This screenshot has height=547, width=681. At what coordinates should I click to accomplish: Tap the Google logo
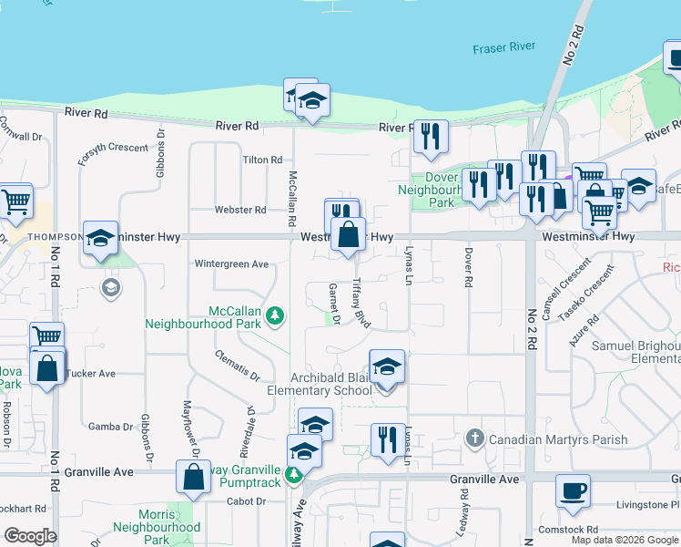tap(30, 536)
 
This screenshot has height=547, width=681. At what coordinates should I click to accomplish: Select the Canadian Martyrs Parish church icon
tap(473, 439)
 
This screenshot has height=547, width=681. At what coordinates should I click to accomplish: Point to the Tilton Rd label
tap(262, 160)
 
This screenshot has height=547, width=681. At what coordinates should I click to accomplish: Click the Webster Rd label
tap(239, 210)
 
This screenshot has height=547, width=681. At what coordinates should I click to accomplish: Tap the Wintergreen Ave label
tap(232, 264)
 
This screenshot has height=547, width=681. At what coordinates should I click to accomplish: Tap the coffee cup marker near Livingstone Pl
tap(573, 491)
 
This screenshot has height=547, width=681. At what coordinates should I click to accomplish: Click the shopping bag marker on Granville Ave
tap(193, 477)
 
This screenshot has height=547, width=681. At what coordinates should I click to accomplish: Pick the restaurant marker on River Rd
tap(431, 137)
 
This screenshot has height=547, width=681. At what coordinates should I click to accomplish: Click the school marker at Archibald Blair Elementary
tap(387, 367)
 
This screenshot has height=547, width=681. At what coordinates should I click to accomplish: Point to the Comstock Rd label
tap(567, 529)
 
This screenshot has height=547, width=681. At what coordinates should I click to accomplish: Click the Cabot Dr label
tap(247, 501)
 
